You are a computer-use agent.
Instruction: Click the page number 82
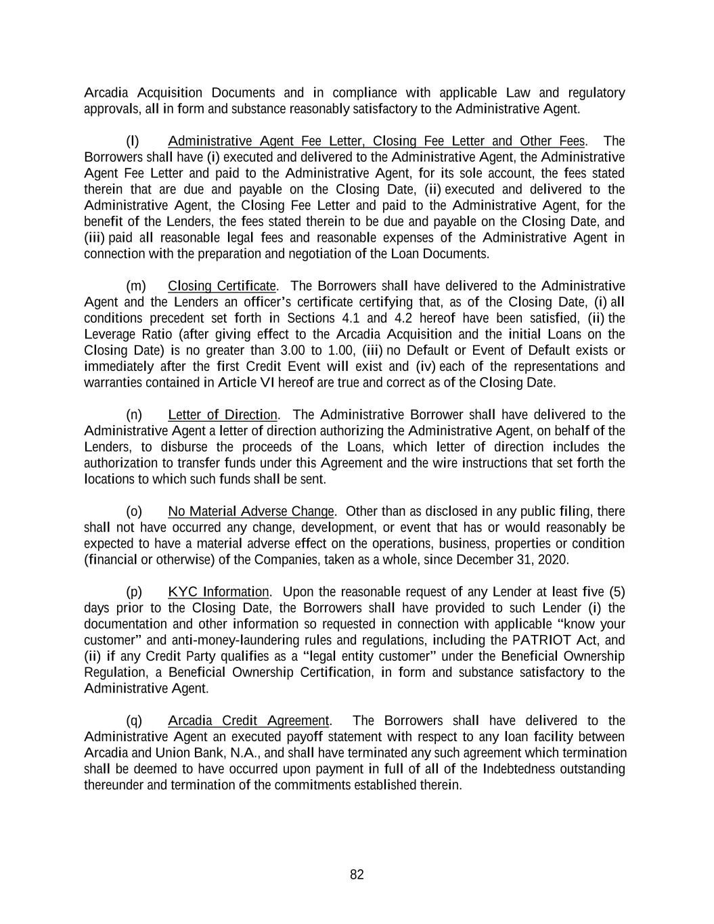pyautogui.click(x=357, y=875)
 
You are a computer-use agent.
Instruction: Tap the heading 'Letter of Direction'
pyautogui.click(x=223, y=414)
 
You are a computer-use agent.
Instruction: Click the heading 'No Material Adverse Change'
pyautogui.click(x=251, y=511)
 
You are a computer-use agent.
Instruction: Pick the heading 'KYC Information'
pyautogui.click(x=218, y=592)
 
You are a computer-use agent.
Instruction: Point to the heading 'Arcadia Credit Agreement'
pyautogui.click(x=248, y=720)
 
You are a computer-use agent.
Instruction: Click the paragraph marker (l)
pyautogui.click(x=133, y=141)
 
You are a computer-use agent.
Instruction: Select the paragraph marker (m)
pyautogui.click(x=135, y=286)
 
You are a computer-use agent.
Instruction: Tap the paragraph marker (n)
pyautogui.click(x=134, y=414)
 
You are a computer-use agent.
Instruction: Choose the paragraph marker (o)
pyautogui.click(x=134, y=511)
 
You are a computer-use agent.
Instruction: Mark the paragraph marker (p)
pyautogui.click(x=134, y=592)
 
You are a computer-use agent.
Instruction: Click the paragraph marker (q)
pyautogui.click(x=134, y=720)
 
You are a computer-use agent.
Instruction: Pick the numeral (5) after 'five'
pyautogui.click(x=617, y=592)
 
